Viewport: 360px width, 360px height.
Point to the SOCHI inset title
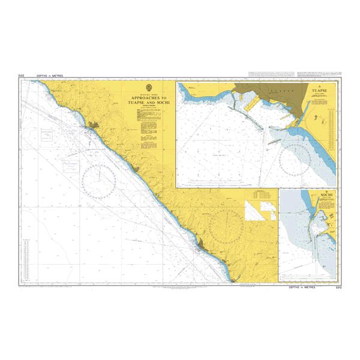tap(326, 196)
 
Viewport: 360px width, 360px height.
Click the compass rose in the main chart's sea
tap(100, 178)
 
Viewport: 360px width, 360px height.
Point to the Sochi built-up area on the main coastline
tap(200, 244)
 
